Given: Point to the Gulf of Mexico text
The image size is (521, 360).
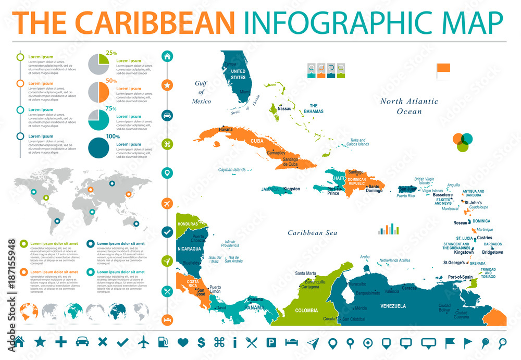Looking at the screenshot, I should pyautogui.click(x=202, y=92).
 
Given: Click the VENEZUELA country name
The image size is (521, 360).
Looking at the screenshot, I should pyautogui.click(x=393, y=306).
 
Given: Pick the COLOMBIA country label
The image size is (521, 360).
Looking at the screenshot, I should pyautogui.click(x=306, y=310).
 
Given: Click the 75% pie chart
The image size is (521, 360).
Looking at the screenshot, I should pyautogui.click(x=98, y=120).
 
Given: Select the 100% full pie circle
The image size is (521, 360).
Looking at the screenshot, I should pyautogui.click(x=98, y=147).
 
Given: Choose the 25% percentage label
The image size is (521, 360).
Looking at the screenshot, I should pyautogui.click(x=111, y=53).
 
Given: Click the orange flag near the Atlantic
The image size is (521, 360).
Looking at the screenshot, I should pyautogui.click(x=443, y=69).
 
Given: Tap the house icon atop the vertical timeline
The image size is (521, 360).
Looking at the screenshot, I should pyautogui.click(x=168, y=56).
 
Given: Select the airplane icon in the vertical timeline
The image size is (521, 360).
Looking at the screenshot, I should pyautogui.click(x=168, y=202).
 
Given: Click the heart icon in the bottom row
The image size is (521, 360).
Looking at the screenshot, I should pyautogui.click(x=182, y=342).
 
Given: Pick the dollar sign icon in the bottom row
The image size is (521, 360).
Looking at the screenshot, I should pyautogui.click(x=201, y=342).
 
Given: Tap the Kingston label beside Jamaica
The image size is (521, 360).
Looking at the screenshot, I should pyautogui.click(x=292, y=189).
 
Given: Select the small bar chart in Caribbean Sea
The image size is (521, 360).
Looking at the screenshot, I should pyautogui.click(x=388, y=229).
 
